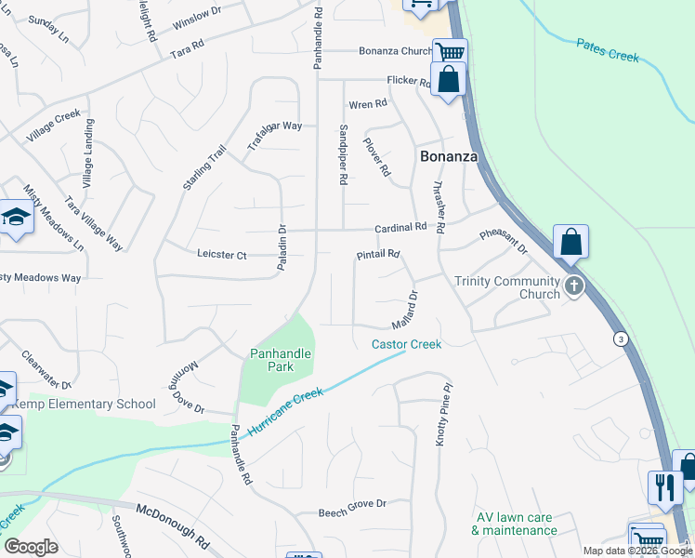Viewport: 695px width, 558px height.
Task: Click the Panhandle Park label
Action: [x=280, y=360]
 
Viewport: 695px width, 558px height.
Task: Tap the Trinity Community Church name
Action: [x=507, y=287]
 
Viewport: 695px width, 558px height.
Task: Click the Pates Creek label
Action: [x=608, y=50]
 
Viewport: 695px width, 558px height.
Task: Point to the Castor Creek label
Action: [x=406, y=344]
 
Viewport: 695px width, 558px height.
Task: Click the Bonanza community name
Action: [x=449, y=156]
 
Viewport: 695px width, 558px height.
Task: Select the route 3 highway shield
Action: [x=620, y=339]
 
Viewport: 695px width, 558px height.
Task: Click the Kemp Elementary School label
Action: [x=84, y=404]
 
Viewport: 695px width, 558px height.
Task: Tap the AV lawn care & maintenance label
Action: [x=514, y=524]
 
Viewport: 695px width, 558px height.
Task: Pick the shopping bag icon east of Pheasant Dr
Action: [x=570, y=242]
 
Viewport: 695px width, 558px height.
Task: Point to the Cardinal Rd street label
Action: [x=400, y=227]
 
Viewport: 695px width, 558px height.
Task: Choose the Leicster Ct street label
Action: [x=222, y=254]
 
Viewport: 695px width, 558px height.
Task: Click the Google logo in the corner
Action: [x=32, y=547]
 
